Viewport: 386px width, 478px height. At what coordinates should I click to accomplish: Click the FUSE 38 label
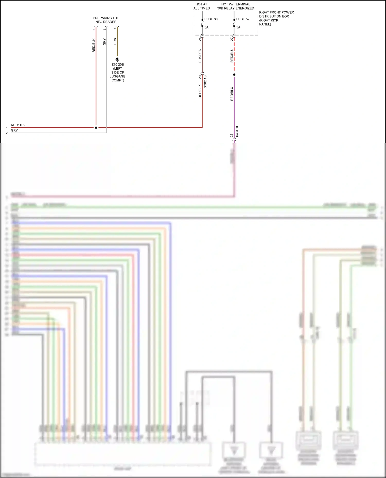[211, 19]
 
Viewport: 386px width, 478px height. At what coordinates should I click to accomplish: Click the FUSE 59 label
[243, 19]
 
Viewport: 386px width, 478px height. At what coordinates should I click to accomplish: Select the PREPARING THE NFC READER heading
[106, 20]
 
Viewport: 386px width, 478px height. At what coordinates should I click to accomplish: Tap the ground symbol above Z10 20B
[117, 59]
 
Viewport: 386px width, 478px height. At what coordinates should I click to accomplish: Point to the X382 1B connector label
[205, 82]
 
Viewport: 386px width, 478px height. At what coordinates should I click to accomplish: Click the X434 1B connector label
[237, 131]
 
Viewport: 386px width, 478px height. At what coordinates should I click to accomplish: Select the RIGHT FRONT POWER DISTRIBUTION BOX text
[276, 18]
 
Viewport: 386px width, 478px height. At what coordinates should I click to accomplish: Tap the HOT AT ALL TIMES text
[201, 6]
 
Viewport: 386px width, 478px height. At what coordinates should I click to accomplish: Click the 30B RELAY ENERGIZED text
[235, 8]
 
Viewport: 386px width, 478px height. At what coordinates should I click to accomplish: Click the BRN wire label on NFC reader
[115, 41]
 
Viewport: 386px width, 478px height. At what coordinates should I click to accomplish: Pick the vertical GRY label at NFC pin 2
[104, 42]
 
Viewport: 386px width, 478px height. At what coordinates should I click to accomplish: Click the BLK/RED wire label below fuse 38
[200, 56]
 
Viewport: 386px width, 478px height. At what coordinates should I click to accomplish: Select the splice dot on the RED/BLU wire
[234, 75]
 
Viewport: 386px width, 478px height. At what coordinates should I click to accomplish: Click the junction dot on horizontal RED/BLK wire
[96, 128]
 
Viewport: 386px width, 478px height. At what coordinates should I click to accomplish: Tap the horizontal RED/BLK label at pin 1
[18, 125]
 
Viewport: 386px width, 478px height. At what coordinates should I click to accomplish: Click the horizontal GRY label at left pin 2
[14, 130]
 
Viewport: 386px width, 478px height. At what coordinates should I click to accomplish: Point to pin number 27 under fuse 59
[232, 39]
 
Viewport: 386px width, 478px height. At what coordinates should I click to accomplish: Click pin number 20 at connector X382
[200, 77]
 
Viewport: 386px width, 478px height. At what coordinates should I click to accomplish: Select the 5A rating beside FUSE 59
[238, 27]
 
